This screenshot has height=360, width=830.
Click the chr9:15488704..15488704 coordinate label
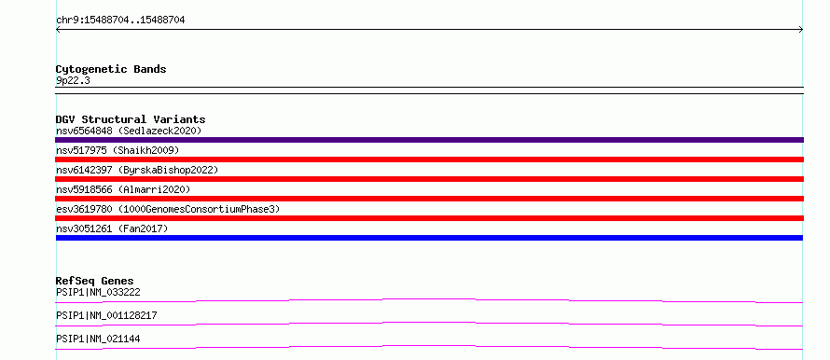coord(120,21)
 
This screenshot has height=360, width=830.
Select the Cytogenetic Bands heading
coord(111,69)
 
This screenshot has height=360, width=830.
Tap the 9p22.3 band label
coord(73,80)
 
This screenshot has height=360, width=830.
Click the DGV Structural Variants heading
coord(131,119)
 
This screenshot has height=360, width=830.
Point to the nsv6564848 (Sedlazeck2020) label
coord(129,131)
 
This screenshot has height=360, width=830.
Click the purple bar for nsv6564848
coord(429,140)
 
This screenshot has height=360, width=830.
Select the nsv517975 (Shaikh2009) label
coord(118,151)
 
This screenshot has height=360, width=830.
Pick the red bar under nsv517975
coord(429,159)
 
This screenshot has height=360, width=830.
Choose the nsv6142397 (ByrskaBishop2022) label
coord(137,170)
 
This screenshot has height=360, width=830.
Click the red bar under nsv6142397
coord(429,179)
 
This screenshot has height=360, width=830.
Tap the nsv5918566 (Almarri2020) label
coord(123,189)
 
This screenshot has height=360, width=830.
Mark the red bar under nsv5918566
coord(429,199)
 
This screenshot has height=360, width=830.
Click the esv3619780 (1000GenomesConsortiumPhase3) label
coord(168,209)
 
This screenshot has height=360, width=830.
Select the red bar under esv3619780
coord(429,218)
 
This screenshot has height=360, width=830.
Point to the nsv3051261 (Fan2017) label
coord(112,228)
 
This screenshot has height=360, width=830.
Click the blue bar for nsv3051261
coord(429,238)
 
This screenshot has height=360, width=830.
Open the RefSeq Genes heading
coord(95,281)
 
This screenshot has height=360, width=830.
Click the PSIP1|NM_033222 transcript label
coord(98,292)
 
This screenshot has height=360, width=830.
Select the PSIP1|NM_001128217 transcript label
coord(106,315)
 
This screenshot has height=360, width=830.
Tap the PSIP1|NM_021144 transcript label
coord(98,339)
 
